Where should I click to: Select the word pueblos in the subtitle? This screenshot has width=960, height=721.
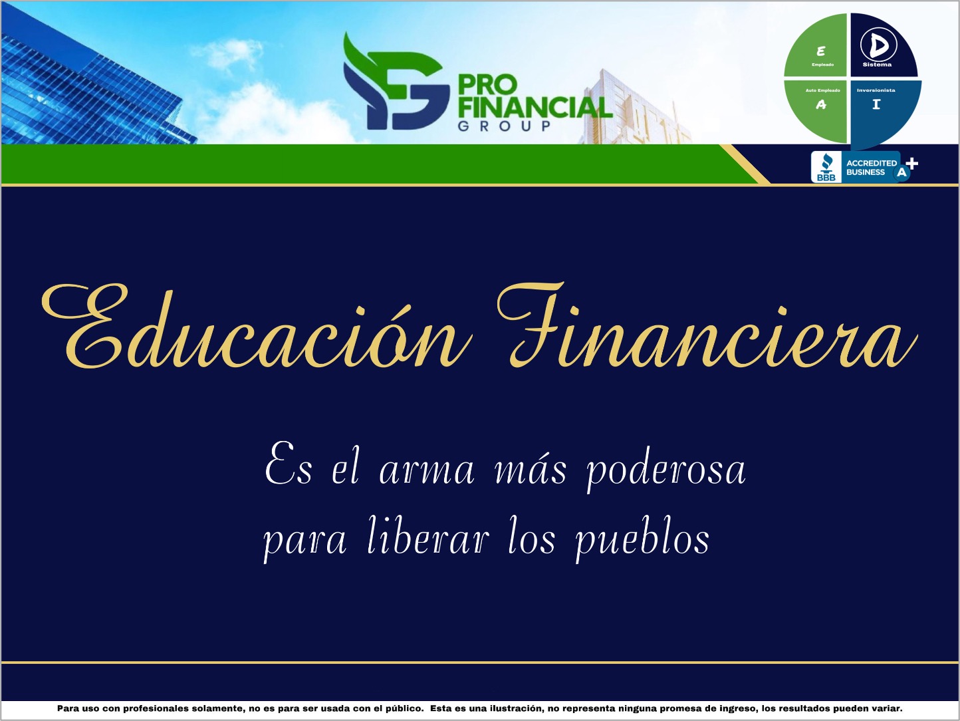(642, 539)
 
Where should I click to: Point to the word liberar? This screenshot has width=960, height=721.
(429, 537)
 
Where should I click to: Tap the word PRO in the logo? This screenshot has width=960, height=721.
(487, 85)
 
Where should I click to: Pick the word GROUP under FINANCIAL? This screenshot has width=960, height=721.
(504, 126)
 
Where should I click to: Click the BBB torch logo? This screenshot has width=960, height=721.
(826, 167)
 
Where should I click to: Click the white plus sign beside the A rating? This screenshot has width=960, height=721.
(912, 164)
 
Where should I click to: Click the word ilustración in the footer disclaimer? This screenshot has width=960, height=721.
(509, 709)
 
